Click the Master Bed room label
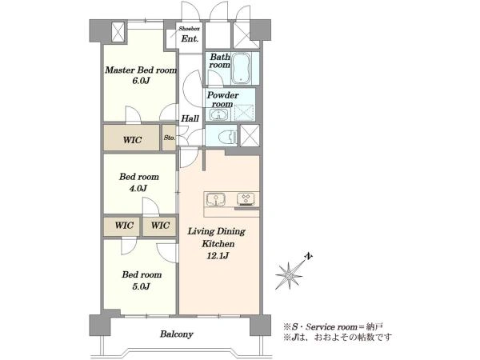141,70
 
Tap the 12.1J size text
218,256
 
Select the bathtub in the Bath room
241,68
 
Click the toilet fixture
229,136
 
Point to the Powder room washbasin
218,114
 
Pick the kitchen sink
216,199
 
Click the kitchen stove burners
246,199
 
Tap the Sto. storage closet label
170,138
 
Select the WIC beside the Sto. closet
132,140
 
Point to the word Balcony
176,334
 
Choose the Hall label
190,118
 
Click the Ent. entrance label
190,39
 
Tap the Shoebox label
189,29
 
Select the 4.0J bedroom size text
138,188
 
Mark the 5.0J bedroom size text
141,286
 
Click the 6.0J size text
141,81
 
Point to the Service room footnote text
333,326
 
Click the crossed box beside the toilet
250,135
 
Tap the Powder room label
222,99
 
